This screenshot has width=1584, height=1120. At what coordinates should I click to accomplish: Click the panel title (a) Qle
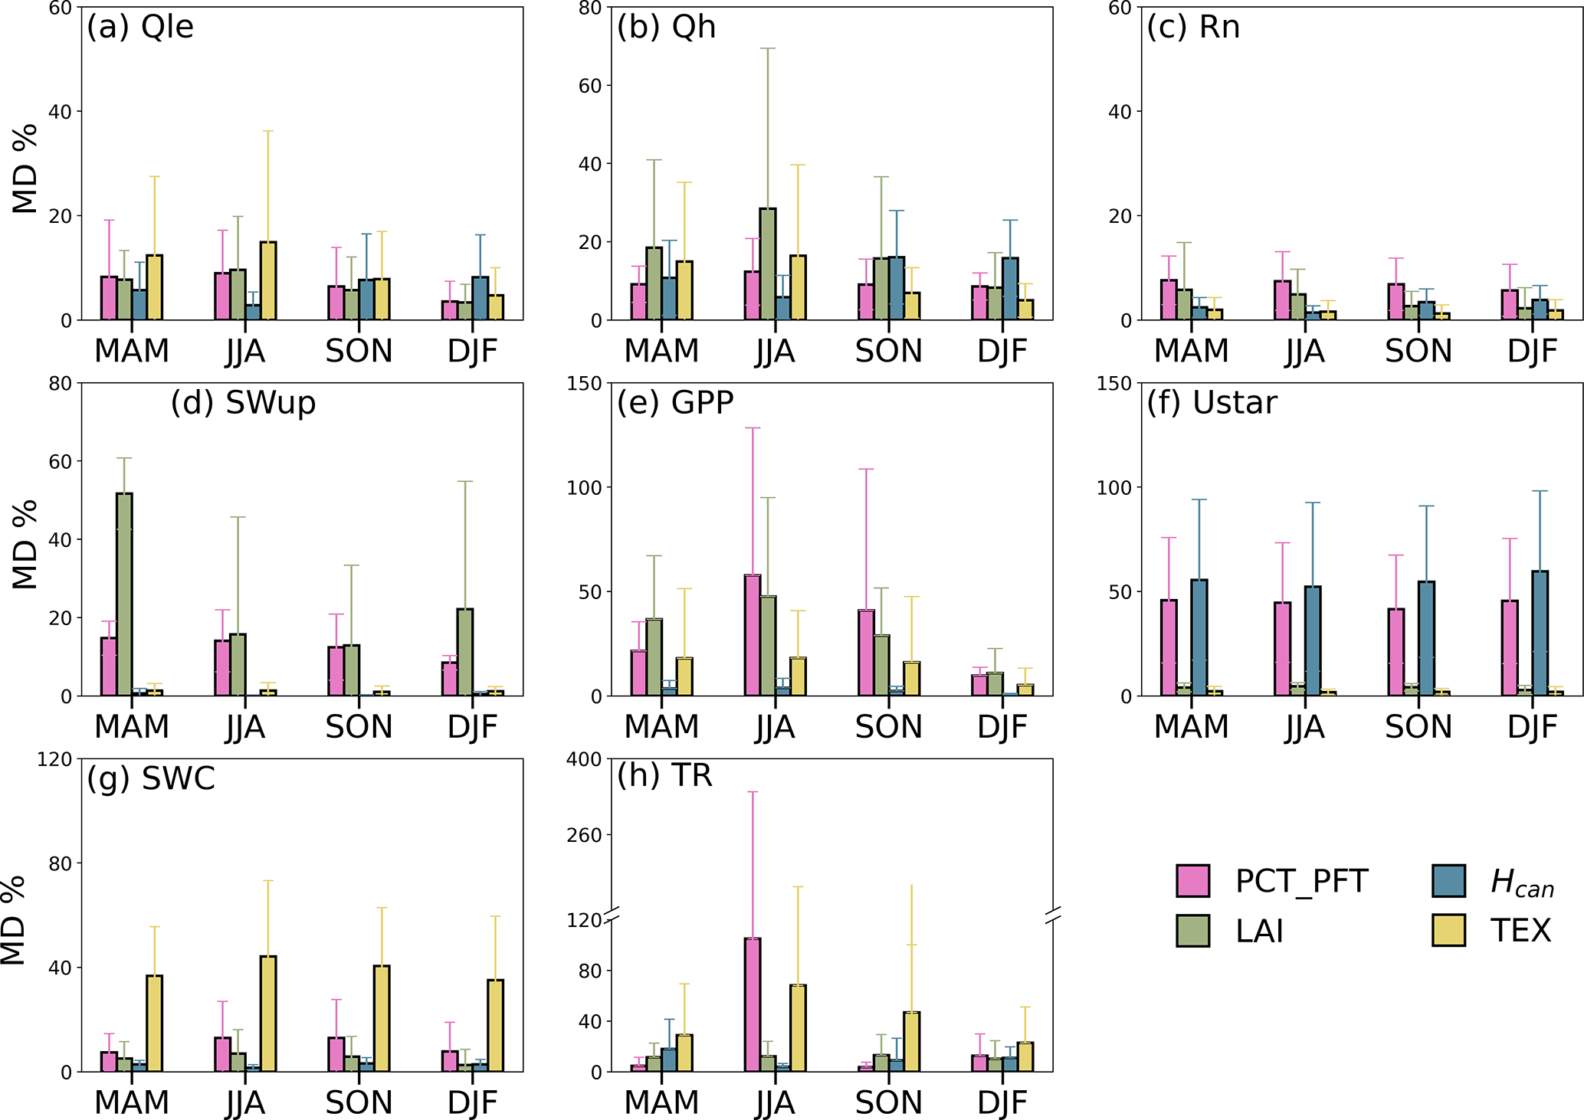point(140,28)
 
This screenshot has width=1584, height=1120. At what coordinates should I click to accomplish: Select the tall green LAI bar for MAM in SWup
point(124,594)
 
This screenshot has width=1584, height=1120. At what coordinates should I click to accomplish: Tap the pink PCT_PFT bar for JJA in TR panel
point(753,1004)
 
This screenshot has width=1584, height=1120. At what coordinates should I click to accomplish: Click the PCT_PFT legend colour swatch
point(1192,881)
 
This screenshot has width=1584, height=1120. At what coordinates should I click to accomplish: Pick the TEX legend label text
point(1520,931)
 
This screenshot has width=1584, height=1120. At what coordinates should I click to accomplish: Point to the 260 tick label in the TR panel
point(584,835)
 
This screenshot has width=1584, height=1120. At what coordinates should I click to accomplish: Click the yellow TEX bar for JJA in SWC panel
point(268,1014)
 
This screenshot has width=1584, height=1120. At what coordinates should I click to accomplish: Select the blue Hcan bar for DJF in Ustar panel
point(1540,634)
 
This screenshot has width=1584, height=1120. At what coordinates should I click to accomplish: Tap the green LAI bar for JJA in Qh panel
point(768,264)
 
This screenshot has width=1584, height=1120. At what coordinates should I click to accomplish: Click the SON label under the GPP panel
point(888,727)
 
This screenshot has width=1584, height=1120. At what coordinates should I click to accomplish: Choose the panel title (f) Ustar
point(1212,403)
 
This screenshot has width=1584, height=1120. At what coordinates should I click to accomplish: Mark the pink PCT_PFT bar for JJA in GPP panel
point(753,635)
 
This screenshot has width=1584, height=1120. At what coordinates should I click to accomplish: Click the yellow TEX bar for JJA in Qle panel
point(268,281)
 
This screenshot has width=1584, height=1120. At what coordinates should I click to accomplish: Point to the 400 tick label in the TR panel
point(584,759)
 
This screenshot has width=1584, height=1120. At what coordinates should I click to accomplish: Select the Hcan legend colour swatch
point(1448,881)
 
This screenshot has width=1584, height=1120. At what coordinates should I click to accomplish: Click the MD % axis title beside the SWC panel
point(14,919)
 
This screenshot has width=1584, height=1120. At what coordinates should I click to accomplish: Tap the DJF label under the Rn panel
point(1532,352)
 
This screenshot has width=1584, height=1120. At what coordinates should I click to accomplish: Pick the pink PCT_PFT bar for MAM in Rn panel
point(1169,300)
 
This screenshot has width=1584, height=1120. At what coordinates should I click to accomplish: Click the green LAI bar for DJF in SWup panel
point(465,653)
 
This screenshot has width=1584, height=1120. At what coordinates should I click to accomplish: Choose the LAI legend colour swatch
point(1192,931)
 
